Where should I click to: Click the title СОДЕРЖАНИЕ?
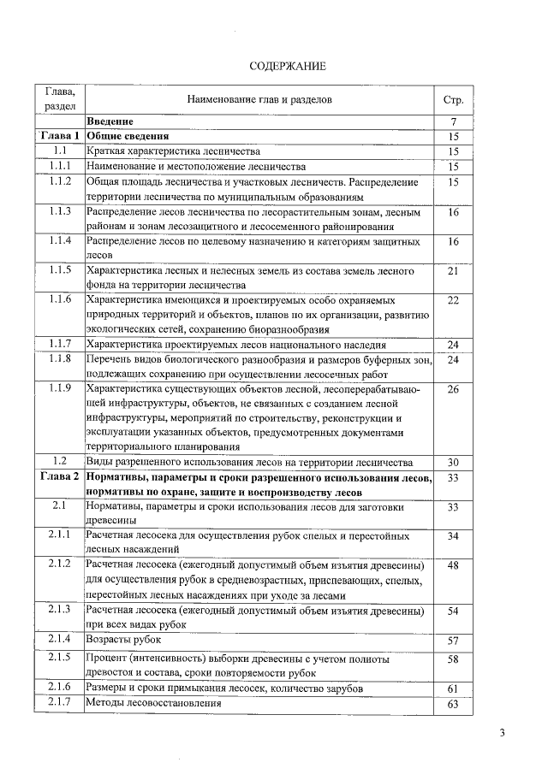287,67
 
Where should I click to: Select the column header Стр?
454,100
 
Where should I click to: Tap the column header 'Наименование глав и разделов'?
259,100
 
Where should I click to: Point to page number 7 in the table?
454,121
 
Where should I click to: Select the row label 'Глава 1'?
59,136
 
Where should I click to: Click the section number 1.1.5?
59,271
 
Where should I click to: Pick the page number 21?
454,271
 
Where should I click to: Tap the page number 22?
454,300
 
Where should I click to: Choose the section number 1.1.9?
59,389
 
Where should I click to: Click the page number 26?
454,389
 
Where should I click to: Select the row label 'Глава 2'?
59,476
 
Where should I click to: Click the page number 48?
454,565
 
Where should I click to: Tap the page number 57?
454,640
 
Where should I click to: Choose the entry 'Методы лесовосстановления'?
153,703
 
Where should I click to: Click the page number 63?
454,704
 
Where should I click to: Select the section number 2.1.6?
59,688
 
